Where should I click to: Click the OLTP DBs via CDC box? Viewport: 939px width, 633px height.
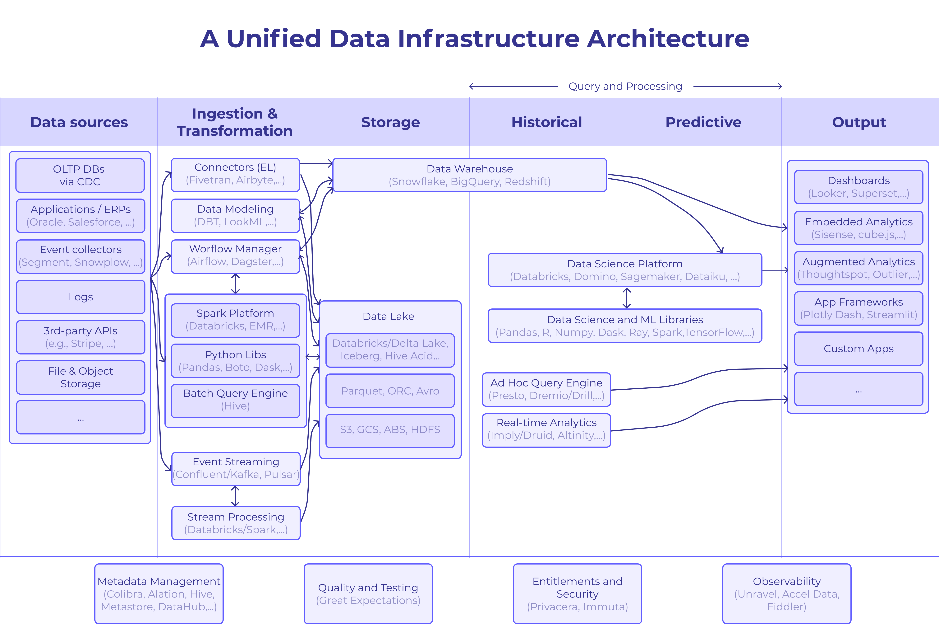point(80,175)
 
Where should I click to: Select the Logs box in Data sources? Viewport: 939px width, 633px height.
point(81,297)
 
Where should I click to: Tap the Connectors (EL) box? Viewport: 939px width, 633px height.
point(236,174)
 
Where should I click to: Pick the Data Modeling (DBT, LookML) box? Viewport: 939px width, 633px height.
point(236,216)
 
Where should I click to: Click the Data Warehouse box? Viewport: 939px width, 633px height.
point(470,175)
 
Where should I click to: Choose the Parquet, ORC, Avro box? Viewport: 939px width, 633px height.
point(390,391)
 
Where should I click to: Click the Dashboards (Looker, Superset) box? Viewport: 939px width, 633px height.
point(859,187)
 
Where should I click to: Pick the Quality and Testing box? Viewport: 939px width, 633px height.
point(368,594)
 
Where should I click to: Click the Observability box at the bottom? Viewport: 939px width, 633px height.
point(787,594)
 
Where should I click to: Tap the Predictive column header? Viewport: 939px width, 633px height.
point(703,122)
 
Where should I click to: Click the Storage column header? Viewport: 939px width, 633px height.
point(390,122)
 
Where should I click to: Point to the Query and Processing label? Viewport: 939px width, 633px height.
point(625,86)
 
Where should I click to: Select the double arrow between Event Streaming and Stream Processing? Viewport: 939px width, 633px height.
point(236,496)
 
